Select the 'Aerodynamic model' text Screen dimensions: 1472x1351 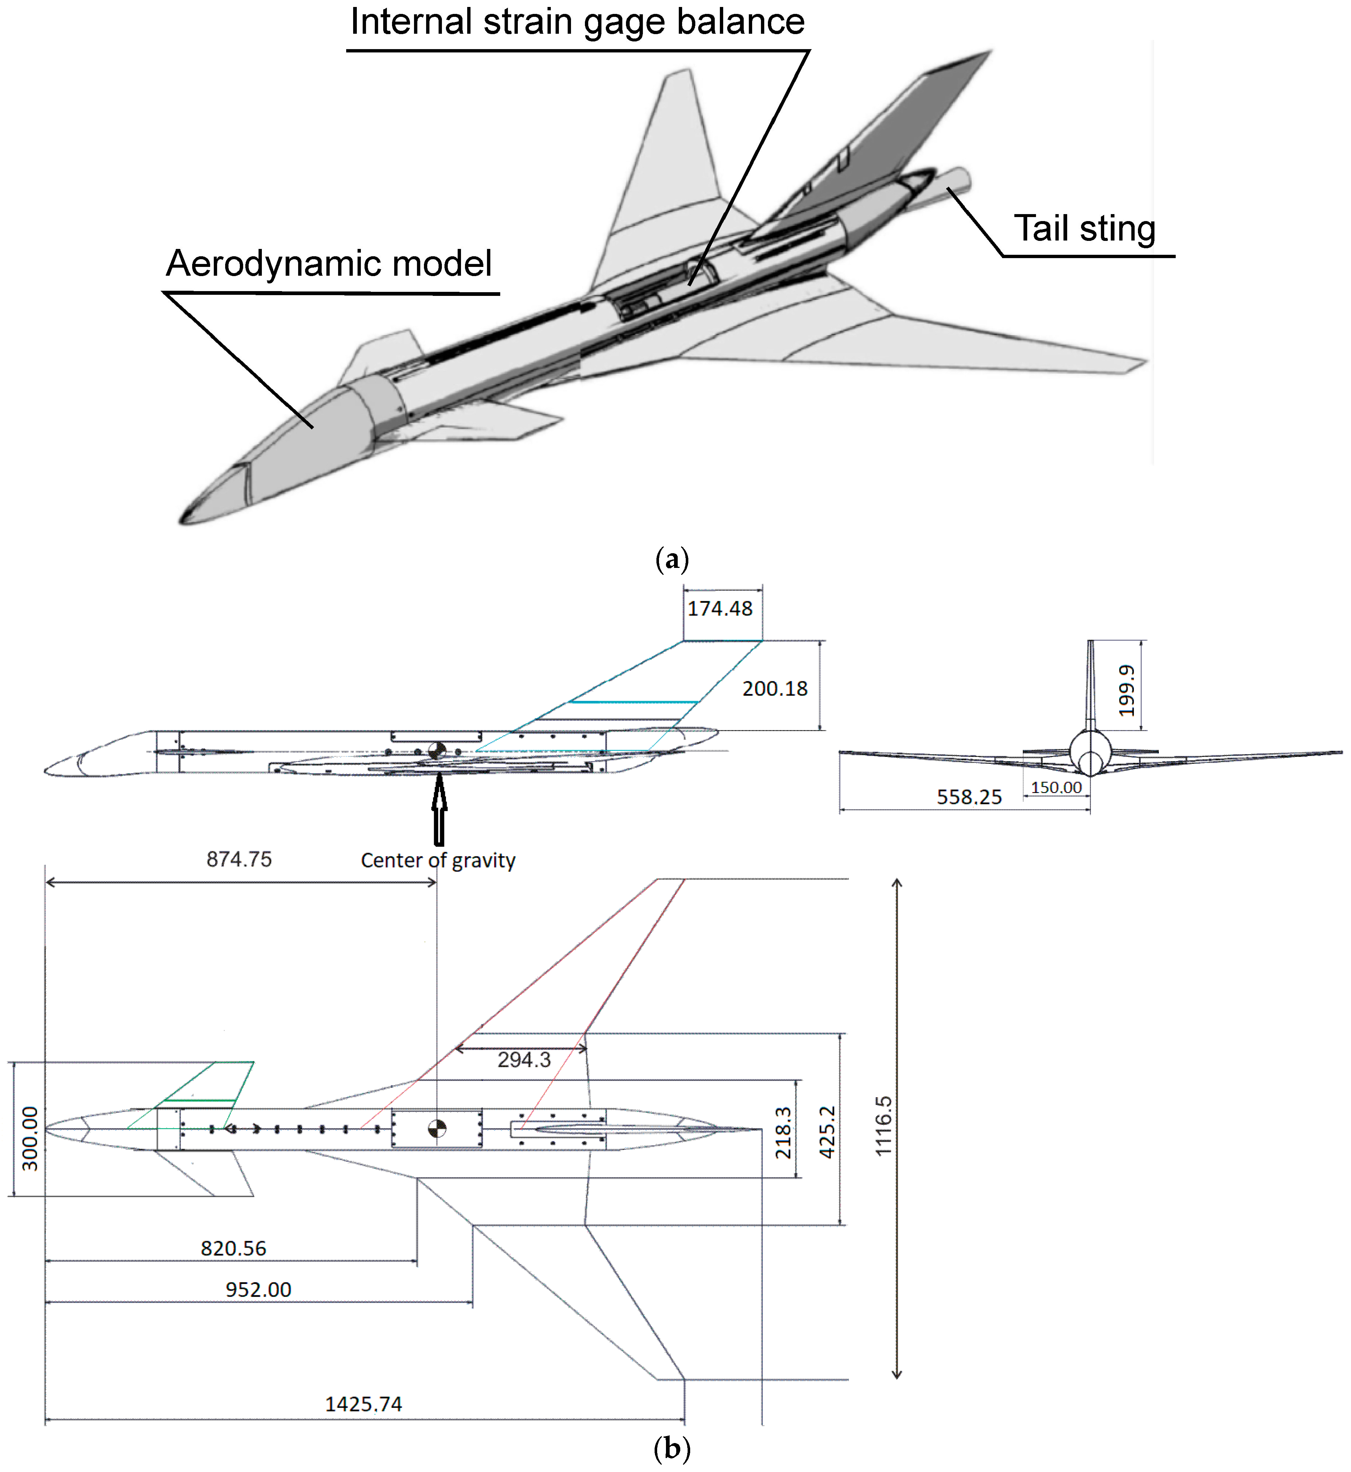329,264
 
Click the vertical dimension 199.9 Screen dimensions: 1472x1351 1127,691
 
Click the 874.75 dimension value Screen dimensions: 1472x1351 239,859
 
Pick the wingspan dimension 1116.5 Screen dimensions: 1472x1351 884,1126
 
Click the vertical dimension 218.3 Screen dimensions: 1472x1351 783,1133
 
